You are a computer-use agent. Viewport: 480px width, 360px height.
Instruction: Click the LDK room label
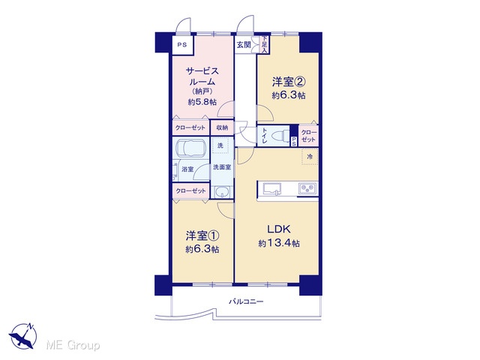tap(278, 229)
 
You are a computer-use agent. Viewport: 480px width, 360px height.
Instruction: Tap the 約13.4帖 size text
tap(279, 243)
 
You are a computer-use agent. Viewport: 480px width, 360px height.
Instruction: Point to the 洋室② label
tap(289, 82)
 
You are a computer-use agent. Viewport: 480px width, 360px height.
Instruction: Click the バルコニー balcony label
tap(246, 301)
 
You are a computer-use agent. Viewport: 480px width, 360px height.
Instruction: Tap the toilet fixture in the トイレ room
tap(282, 135)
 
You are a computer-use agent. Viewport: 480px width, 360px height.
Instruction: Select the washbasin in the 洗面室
tap(221, 192)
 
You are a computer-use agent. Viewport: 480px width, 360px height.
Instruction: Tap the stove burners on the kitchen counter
tap(307, 188)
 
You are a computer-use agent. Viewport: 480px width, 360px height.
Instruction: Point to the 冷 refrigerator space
tap(310, 157)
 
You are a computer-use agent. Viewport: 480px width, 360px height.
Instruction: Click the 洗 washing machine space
tap(220, 145)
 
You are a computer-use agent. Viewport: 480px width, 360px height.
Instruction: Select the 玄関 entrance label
tap(243, 45)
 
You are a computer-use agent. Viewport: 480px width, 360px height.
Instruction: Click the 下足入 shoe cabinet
tap(264, 45)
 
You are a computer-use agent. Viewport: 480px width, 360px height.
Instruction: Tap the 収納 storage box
tap(222, 127)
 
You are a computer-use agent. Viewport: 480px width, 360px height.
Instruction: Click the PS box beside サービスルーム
tap(182, 45)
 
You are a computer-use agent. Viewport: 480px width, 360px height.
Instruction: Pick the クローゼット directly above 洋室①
tap(190, 191)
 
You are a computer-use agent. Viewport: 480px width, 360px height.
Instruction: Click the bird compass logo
tap(23, 336)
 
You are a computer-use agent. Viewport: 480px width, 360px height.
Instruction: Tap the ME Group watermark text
tap(73, 346)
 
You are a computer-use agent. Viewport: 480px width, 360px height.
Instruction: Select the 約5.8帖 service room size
tap(202, 102)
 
